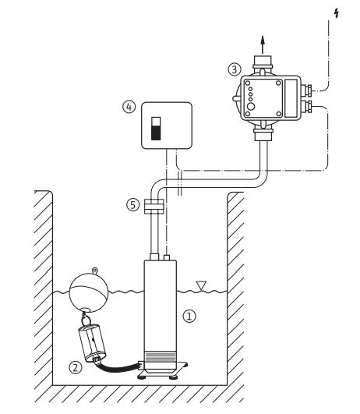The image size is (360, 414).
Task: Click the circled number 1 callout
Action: pyautogui.click(x=189, y=316)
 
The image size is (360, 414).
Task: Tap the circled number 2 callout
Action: pyautogui.click(x=76, y=367)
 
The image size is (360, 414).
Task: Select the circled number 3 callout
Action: pyautogui.click(x=235, y=69)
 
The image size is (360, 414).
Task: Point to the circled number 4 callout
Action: pyautogui.click(x=129, y=107)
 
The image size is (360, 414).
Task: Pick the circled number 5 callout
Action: pyautogui.click(x=133, y=205)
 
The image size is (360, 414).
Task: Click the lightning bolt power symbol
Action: pyautogui.click(x=337, y=13)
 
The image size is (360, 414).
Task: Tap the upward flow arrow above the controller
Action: pyautogui.click(x=263, y=45)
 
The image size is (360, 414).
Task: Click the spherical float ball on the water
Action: pyautogui.click(x=89, y=293)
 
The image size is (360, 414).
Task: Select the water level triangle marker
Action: pyautogui.click(x=201, y=286)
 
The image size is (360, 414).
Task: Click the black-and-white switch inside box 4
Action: pyautogui.click(x=156, y=129)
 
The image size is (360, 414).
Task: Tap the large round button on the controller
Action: pyautogui.click(x=251, y=107)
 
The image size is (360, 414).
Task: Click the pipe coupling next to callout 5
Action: pyautogui.click(x=154, y=206)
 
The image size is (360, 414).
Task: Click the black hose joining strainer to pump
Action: pyautogui.click(x=118, y=367)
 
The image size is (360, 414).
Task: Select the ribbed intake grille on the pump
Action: pyautogui.click(x=161, y=356)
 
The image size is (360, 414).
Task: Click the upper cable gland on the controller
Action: pyautogui.click(x=307, y=90)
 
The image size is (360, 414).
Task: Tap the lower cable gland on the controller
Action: pyautogui.click(x=307, y=106)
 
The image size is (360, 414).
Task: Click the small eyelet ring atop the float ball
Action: pyautogui.click(x=95, y=271)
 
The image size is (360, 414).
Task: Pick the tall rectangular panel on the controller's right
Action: pyautogui.click(x=291, y=98)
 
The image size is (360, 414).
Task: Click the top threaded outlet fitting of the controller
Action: pyautogui.click(x=262, y=62)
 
